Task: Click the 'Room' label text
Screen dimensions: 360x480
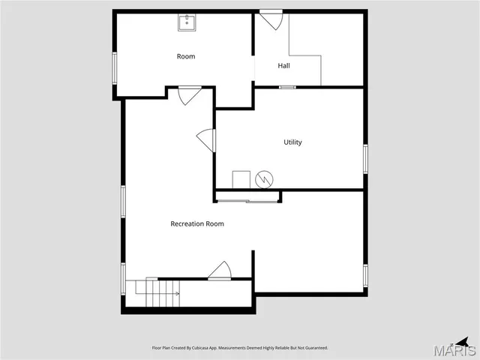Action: pos(185,56)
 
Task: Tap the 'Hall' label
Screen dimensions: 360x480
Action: pos(283,66)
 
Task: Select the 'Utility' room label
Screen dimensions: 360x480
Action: pos(292,142)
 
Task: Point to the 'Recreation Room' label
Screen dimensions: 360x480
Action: pos(197,223)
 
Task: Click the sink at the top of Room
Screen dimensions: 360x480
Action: pos(186,23)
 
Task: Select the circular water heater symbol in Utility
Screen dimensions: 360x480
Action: pos(264,179)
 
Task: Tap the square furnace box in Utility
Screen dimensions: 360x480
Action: pos(241,179)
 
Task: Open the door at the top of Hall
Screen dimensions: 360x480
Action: pos(271,19)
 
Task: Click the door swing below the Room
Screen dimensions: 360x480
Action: pos(188,95)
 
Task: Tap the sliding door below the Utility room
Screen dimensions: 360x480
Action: pos(247,200)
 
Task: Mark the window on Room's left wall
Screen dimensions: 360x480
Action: pos(115,67)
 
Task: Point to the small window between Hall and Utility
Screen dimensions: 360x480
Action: pos(286,88)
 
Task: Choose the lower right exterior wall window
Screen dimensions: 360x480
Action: pos(365,275)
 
